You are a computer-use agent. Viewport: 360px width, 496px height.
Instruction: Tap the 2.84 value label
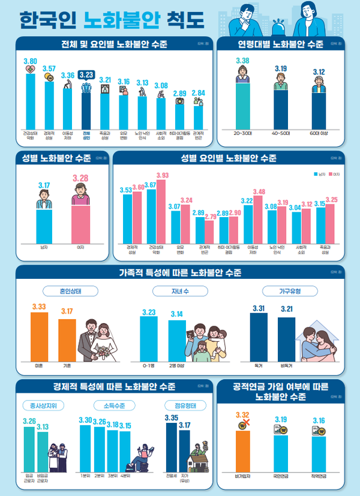199,94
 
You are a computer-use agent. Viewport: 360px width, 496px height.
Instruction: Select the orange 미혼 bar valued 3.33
39,334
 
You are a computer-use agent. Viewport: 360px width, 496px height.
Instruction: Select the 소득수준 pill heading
106,405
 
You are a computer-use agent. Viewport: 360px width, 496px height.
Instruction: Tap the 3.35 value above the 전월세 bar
171,417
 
